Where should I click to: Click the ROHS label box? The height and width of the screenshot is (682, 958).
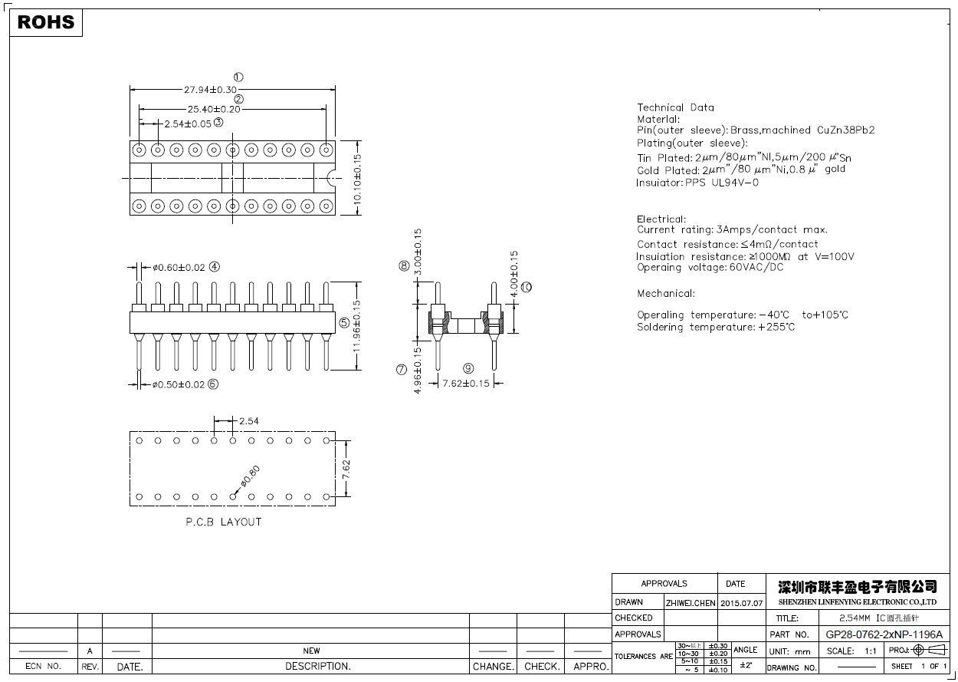(x=46, y=22)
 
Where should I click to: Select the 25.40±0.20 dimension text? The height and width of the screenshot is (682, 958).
(x=213, y=109)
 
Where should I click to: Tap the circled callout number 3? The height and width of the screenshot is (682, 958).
(x=218, y=122)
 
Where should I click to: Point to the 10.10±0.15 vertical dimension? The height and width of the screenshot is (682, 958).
(x=356, y=179)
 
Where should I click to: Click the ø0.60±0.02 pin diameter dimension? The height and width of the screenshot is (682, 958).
(x=179, y=268)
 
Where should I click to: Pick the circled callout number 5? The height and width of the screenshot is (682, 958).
(x=344, y=323)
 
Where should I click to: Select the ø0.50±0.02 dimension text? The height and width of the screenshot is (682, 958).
(x=178, y=384)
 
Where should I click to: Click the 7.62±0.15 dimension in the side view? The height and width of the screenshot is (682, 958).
(x=465, y=384)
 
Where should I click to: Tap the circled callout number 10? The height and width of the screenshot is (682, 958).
(x=526, y=287)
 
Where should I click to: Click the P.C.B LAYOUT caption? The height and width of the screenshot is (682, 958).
(x=224, y=522)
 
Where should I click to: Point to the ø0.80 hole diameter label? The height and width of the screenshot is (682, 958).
(x=250, y=476)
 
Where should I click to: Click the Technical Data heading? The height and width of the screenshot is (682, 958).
(x=675, y=107)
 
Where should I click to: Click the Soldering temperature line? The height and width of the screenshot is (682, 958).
(x=715, y=327)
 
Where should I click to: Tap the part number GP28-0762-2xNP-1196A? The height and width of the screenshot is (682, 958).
(x=884, y=634)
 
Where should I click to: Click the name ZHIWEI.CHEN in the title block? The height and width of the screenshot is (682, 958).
(x=690, y=603)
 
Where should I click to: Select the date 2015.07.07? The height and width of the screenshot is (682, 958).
(x=742, y=603)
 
